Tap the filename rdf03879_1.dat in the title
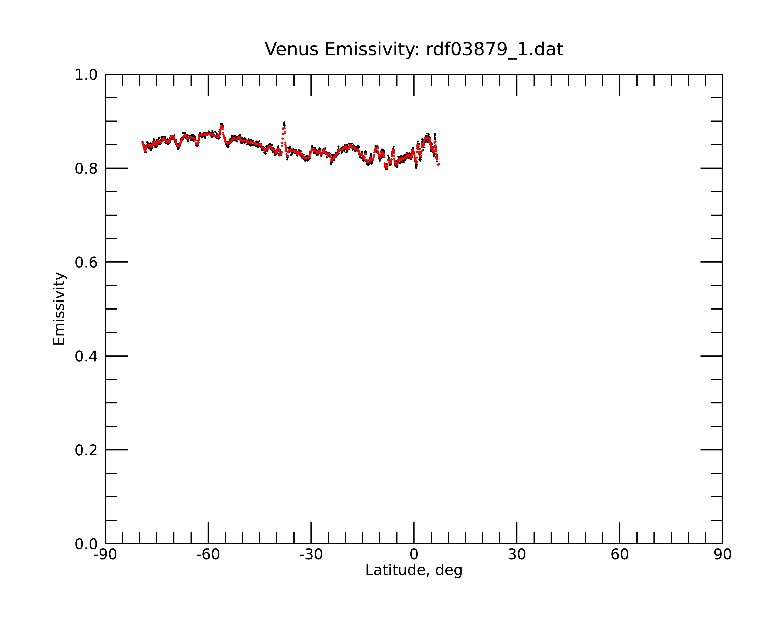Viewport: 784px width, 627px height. (x=495, y=49)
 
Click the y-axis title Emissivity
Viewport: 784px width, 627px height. (x=59, y=309)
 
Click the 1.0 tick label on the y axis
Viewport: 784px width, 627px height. (x=86, y=75)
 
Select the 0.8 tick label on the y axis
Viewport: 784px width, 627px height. (x=86, y=169)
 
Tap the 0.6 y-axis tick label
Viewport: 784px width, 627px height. (x=86, y=262)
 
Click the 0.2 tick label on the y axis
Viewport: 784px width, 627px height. (x=86, y=450)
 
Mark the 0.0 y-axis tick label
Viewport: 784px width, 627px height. (x=86, y=544)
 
